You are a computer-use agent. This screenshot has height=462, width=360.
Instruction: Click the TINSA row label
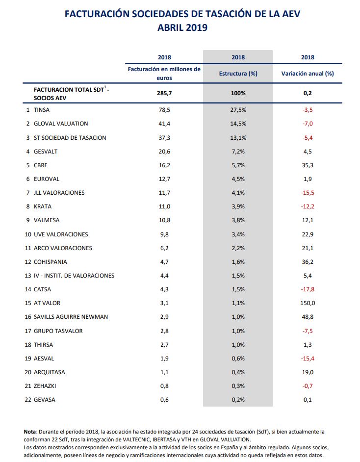coord(42,110)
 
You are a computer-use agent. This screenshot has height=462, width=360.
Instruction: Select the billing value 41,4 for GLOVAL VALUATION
coord(164,124)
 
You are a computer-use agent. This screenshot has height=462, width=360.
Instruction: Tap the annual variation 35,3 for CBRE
coord(308,165)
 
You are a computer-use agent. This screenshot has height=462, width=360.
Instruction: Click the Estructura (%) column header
coord(238,74)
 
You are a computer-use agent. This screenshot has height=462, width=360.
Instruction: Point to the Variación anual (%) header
coord(308,74)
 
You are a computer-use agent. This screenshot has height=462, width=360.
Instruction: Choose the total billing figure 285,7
coord(164,93)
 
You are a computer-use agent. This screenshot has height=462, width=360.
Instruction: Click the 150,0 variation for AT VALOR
coord(308,303)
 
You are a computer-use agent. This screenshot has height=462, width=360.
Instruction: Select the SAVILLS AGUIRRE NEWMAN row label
coord(71,317)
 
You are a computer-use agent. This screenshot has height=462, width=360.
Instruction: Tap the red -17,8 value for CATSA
coord(308,289)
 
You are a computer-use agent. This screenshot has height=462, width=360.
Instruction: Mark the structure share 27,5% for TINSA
coord(238,110)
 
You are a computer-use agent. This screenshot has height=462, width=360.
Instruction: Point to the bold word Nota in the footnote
coord(30,432)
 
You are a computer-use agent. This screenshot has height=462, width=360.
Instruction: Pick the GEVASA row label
coord(45,400)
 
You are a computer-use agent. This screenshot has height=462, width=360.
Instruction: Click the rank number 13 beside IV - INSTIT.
coord(28,276)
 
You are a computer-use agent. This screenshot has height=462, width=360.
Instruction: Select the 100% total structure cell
coord(238,93)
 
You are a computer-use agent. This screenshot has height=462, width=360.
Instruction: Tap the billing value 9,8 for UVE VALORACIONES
coord(164,234)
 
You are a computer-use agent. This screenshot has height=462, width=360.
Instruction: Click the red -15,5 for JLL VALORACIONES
coord(308,193)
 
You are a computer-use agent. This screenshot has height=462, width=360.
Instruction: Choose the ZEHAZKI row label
coord(45,386)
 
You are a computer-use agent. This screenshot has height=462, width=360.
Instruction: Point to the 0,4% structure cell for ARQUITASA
coord(238,372)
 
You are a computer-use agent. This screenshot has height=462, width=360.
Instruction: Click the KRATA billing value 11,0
coord(164,206)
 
